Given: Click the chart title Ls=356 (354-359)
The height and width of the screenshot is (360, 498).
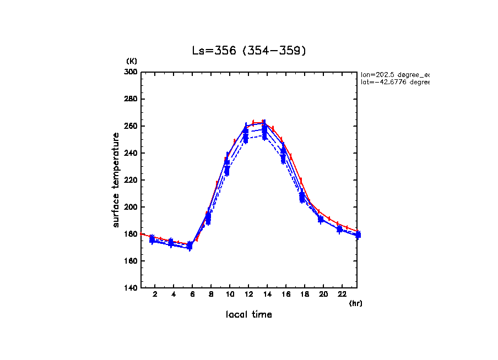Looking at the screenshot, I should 248,51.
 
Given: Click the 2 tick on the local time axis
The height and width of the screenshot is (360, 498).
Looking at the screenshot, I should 155,294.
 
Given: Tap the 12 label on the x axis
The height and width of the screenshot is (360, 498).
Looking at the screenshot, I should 248,294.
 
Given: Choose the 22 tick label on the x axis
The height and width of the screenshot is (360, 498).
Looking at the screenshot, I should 342,294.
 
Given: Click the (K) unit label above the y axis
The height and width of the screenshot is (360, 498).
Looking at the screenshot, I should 132,61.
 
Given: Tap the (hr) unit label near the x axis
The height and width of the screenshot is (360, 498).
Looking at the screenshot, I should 355,303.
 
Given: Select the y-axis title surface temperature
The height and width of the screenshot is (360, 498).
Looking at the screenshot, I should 116,180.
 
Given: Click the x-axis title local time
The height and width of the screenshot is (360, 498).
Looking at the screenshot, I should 248,315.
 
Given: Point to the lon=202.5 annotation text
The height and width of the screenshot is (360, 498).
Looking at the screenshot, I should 394,74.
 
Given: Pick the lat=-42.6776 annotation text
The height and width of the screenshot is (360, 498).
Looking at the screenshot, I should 394,82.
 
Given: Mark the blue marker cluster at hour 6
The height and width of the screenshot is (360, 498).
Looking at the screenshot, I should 190,246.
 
